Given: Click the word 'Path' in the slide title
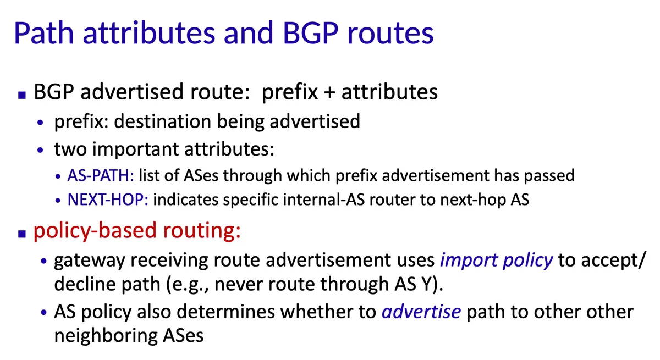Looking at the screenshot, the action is tap(43, 33).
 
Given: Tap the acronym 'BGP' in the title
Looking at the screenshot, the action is tap(311, 33).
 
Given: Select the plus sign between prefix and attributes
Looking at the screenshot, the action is tap(329, 92).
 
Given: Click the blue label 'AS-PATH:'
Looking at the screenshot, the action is tap(101, 175).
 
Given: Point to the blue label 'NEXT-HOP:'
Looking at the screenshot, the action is tap(108, 200).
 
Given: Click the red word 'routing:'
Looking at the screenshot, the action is tap(202, 230).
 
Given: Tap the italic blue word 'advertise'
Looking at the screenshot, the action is tap(421, 312).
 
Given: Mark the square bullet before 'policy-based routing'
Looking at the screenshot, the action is tap(22, 234).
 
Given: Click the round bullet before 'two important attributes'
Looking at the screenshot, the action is tap(40, 150).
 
